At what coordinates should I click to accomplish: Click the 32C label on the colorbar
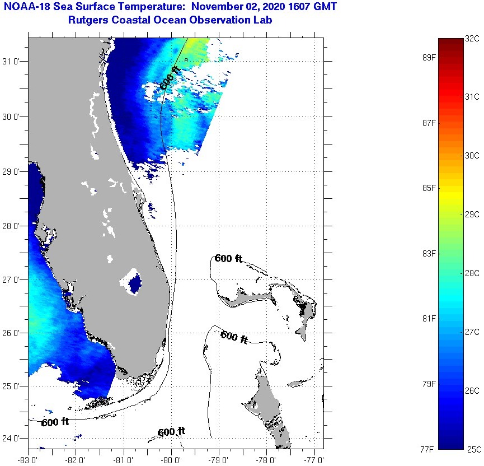(x=472, y=39)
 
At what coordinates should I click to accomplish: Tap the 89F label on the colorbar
(x=429, y=57)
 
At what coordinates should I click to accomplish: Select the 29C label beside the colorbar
(x=472, y=214)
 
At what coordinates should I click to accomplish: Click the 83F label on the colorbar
(x=429, y=254)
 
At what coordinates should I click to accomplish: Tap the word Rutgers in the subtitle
(x=87, y=21)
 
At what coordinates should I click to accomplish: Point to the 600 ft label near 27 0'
(x=228, y=258)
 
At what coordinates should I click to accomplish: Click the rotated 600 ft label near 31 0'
(x=171, y=78)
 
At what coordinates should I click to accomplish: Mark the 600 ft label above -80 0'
(x=171, y=432)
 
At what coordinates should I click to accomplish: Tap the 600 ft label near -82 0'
(x=55, y=422)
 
